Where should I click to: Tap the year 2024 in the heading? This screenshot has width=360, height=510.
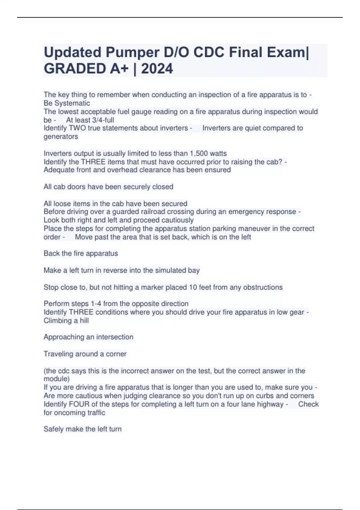pos(157,69)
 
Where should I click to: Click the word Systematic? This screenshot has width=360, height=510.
pos(72,103)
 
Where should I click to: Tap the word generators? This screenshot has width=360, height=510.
pos(61,136)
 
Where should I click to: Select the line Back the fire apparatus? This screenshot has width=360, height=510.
pos(81,253)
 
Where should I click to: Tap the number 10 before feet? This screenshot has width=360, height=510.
pos(193,287)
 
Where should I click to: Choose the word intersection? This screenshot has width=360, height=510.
pos(115,337)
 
